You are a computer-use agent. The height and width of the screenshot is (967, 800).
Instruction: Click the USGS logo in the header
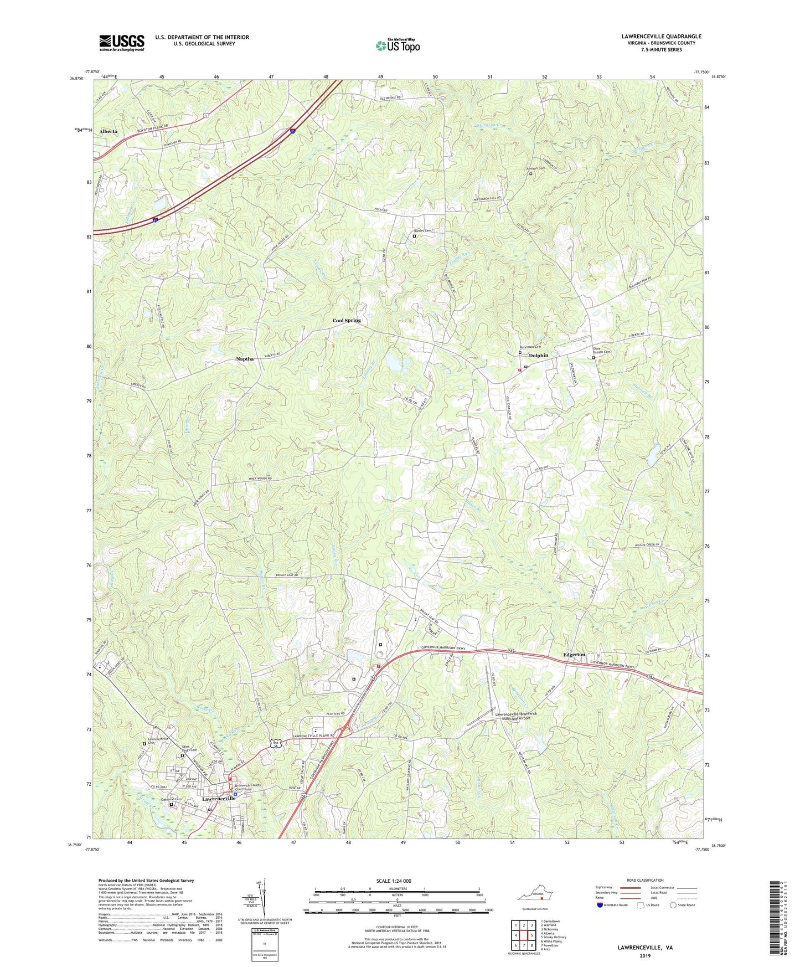click(x=122, y=42)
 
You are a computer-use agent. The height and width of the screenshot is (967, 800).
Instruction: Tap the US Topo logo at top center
click(x=398, y=45)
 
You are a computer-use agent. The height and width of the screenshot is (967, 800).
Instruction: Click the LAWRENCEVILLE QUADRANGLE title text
click(x=661, y=37)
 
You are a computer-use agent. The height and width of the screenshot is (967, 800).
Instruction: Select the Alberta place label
click(x=108, y=131)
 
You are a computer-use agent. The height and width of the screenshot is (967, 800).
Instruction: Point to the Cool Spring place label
click(x=347, y=321)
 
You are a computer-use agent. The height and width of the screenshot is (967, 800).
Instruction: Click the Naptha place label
click(x=245, y=359)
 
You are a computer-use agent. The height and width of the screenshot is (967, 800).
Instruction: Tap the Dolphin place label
click(x=538, y=356)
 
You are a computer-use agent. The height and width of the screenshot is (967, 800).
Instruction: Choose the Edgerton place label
click(x=574, y=655)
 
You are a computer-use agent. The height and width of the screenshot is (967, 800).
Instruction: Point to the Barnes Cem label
click(x=421, y=231)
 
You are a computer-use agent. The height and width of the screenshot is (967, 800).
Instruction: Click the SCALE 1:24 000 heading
click(x=394, y=881)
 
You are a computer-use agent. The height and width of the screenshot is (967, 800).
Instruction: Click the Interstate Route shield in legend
click(x=601, y=906)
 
